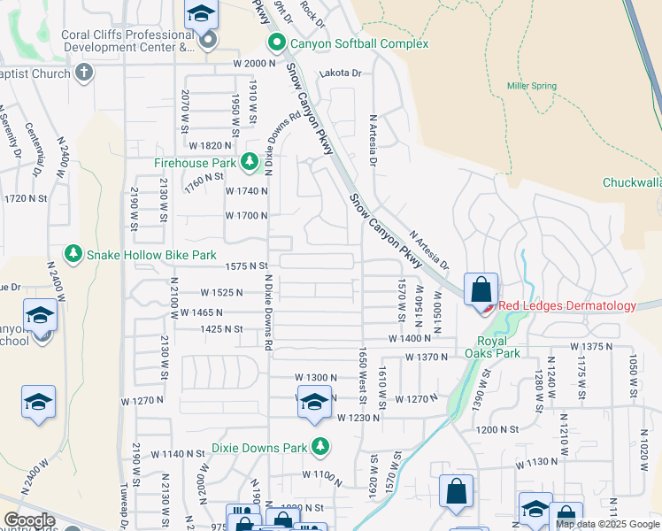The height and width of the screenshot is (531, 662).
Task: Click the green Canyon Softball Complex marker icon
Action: click(276, 43)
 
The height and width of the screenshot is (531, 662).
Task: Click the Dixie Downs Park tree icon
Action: click(320, 448)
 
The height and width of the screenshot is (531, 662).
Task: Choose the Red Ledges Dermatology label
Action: click(566, 306)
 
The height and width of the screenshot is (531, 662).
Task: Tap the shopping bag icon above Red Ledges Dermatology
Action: click(481, 289)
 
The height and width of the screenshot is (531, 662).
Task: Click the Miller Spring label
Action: click(531, 86)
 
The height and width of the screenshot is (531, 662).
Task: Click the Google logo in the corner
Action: click(28, 520)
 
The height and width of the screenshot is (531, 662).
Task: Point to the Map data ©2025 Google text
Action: click(606, 524)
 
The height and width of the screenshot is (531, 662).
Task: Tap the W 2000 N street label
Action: click(255, 64)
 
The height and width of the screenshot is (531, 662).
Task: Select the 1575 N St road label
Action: click(246, 265)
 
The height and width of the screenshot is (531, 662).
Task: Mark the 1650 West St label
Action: click(362, 369)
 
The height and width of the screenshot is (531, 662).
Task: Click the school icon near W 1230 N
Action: click(314, 403)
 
